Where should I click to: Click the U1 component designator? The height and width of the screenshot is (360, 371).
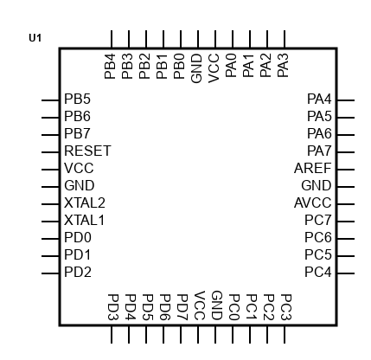pyautogui.click(x=35, y=38)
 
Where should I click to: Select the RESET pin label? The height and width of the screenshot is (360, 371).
pyautogui.click(x=87, y=151)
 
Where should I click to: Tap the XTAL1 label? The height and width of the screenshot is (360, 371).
pyautogui.click(x=84, y=220)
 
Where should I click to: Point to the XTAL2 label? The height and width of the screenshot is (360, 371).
pyautogui.click(x=85, y=202)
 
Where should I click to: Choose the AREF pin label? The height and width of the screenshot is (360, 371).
pyautogui.click(x=313, y=168)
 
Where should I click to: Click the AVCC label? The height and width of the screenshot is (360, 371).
pyautogui.click(x=313, y=202)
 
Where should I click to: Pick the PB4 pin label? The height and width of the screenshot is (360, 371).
pyautogui.click(x=110, y=67)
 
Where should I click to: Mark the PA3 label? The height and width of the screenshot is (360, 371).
pyautogui.click(x=283, y=66)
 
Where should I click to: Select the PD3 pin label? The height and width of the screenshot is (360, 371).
pyautogui.click(x=113, y=307)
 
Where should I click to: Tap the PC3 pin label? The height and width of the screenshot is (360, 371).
pyautogui.click(x=286, y=307)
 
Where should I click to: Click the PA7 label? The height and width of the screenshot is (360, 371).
pyautogui.click(x=319, y=151)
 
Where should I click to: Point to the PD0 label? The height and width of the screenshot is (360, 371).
pyautogui.click(x=78, y=237)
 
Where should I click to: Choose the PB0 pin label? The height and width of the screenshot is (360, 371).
pyautogui.click(x=179, y=67)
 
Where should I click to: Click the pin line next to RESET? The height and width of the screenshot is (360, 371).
pyautogui.click(x=50, y=152)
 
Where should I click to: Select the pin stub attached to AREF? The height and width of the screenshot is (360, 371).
pyautogui.click(x=346, y=170)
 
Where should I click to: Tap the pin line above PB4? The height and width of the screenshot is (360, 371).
pyautogui.click(x=112, y=39)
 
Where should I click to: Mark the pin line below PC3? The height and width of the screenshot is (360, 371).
pyautogui.click(x=285, y=335)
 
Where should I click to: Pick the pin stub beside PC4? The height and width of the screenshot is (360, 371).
pyautogui.click(x=346, y=273)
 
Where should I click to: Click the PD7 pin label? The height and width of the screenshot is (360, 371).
pyautogui.click(x=182, y=307)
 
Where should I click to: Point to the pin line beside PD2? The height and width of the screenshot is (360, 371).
pyautogui.click(x=50, y=273)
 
